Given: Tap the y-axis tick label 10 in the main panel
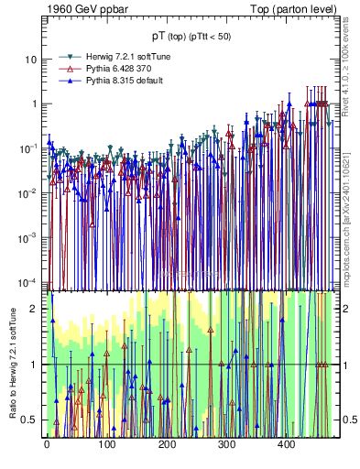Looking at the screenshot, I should (x=30, y=59).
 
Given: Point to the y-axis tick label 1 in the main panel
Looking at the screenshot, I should (x=34, y=104).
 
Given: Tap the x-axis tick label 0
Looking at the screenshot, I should (x=47, y=444).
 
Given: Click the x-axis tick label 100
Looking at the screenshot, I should (x=107, y=444).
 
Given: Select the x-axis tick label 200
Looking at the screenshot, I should (x=167, y=444).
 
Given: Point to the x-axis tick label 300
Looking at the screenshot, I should (x=227, y=444).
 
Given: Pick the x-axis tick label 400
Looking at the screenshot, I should (x=287, y=444).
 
